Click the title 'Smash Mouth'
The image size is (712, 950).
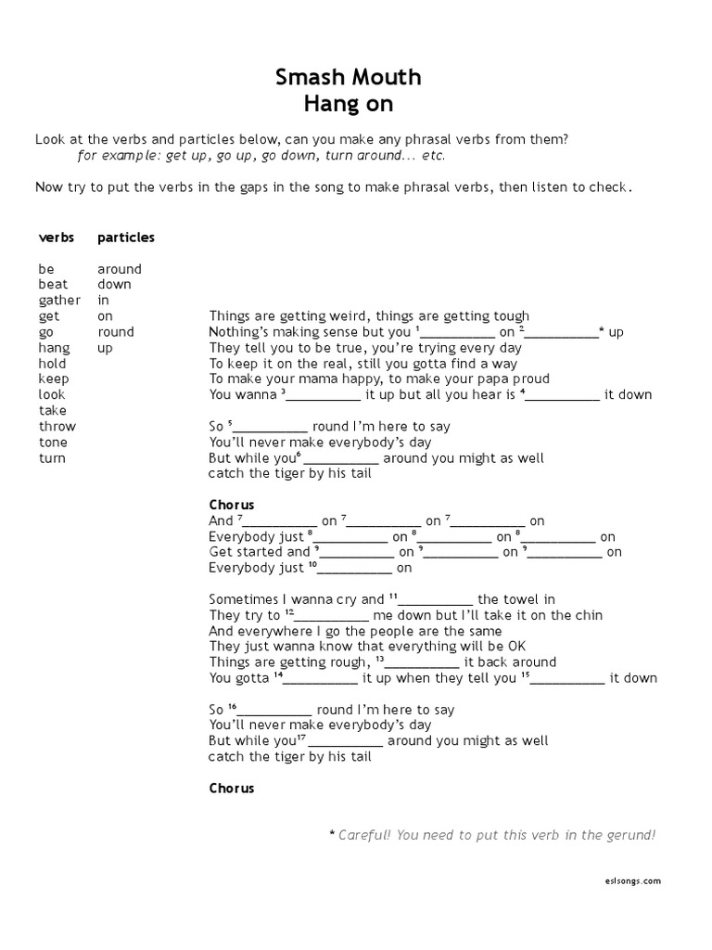click(x=348, y=77)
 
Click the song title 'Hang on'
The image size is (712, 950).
click(x=348, y=103)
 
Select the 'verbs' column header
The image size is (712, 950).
click(x=57, y=237)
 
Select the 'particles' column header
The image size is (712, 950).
click(x=126, y=237)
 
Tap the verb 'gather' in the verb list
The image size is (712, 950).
click(x=59, y=301)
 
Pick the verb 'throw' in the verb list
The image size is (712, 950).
click(x=57, y=427)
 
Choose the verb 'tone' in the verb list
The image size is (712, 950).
click(x=53, y=443)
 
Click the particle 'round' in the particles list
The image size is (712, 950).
click(x=116, y=332)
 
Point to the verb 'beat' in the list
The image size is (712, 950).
click(x=54, y=285)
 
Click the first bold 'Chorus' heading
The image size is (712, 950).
click(x=232, y=505)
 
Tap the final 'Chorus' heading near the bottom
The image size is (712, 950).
click(x=232, y=789)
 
